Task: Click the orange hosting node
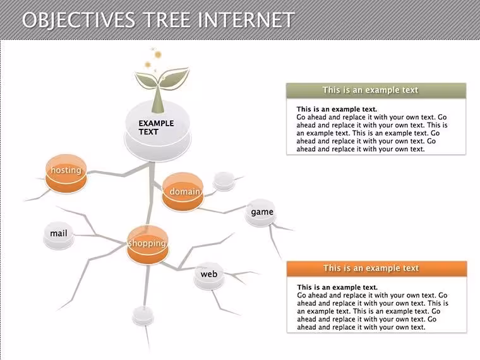click(66, 174)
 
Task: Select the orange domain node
click(183, 192)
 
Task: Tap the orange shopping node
click(148, 245)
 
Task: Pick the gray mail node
click(59, 236)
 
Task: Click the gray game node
click(261, 213)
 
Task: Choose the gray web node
click(209, 276)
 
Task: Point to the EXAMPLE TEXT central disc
click(158, 131)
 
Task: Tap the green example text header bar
click(376, 90)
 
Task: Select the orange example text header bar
click(376, 268)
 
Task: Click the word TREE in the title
click(167, 20)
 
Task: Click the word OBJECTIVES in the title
click(78, 20)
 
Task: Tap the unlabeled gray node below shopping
click(143, 316)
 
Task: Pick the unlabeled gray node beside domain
click(224, 181)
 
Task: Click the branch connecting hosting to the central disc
click(119, 172)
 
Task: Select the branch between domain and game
click(224, 210)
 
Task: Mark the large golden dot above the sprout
click(158, 54)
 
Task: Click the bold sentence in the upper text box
click(337, 109)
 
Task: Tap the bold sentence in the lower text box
click(337, 287)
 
